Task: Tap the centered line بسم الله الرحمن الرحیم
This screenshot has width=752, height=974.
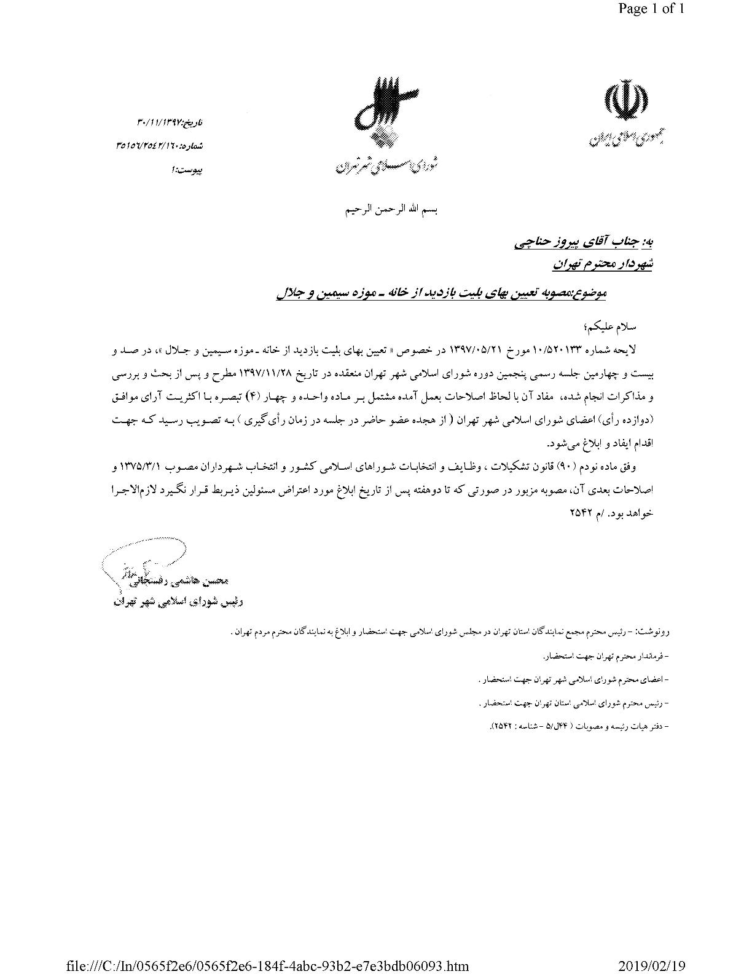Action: click(x=392, y=210)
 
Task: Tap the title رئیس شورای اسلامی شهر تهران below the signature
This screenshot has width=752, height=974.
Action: click(x=178, y=602)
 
